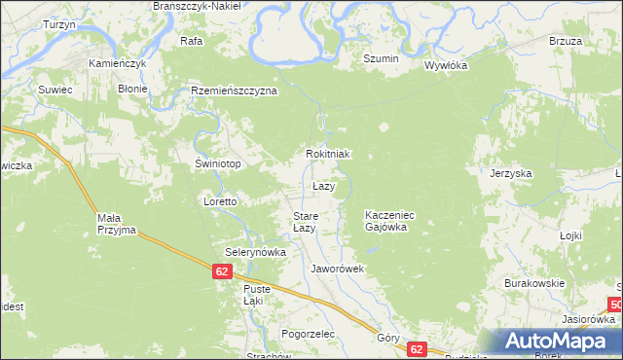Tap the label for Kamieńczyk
click(118, 63)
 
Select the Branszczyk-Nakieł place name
click(202, 6)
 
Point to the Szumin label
click(381, 59)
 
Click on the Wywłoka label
click(446, 66)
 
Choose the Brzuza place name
click(565, 41)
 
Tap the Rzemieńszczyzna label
click(235, 90)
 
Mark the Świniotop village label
click(218, 163)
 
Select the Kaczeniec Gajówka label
click(390, 220)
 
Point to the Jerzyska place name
click(510, 173)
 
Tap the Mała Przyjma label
click(116, 224)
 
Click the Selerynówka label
click(255, 251)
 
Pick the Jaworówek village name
click(336, 268)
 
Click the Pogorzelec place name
click(307, 333)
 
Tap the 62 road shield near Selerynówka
click(224, 272)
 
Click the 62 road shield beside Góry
click(417, 348)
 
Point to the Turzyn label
click(59, 24)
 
